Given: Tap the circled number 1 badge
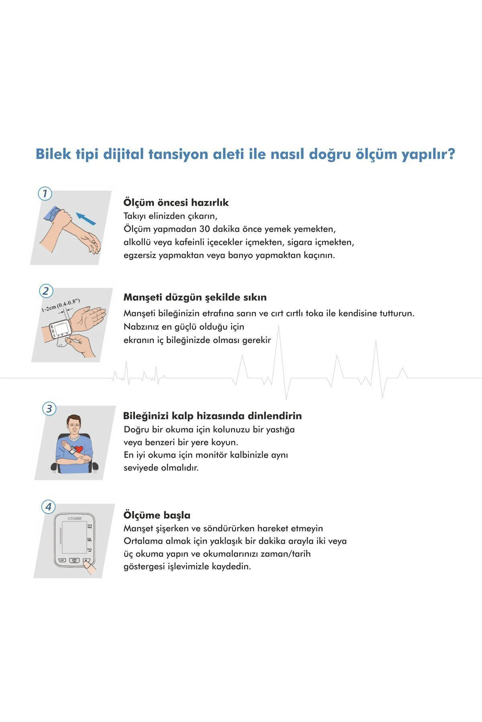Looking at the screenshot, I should [x=45, y=194].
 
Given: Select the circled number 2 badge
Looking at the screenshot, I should [x=46, y=291].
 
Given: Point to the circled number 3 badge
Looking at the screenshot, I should [x=49, y=409].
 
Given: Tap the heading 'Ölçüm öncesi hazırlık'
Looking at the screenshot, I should [x=176, y=203].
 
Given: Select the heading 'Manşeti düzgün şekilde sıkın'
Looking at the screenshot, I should [x=195, y=298].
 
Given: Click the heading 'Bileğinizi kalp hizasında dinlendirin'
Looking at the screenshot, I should [x=212, y=416].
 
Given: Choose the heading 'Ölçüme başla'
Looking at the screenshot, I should [x=157, y=515].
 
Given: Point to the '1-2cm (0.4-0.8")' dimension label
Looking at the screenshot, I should [x=61, y=305].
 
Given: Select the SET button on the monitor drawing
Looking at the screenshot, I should [x=62, y=560].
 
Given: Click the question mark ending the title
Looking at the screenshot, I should [x=451, y=154].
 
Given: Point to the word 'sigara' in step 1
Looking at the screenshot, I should [x=299, y=242].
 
